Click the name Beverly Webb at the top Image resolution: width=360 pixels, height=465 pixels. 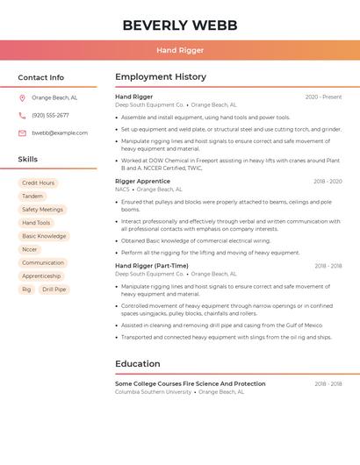(x=180, y=25)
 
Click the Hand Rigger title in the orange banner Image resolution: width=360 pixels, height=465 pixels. (x=180, y=50)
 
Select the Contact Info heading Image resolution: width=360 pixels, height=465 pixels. (x=41, y=77)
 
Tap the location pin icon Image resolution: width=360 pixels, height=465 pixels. (x=22, y=97)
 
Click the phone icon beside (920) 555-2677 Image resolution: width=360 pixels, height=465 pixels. (x=22, y=115)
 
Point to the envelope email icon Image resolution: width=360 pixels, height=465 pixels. (x=22, y=132)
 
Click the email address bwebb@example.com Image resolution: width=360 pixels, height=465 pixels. (x=60, y=132)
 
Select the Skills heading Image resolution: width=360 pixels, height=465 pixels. (x=28, y=159)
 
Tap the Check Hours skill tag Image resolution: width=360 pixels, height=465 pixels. (x=39, y=182)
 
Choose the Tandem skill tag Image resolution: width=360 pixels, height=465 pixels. (x=32, y=196)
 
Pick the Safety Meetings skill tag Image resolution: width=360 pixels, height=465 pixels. (x=42, y=210)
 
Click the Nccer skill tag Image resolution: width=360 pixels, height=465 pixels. (x=30, y=249)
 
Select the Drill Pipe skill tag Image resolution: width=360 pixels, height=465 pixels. (x=54, y=289)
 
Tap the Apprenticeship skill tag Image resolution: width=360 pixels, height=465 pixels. (x=41, y=275)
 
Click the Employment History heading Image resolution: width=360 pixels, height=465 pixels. (x=161, y=77)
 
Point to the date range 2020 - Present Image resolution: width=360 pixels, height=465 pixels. (x=323, y=97)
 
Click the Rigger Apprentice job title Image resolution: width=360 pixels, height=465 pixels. (x=142, y=181)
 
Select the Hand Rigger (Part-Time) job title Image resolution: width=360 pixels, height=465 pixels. (x=152, y=265)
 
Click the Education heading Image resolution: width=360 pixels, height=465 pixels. (x=138, y=364)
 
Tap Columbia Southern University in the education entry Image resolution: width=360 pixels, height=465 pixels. (x=155, y=391)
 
